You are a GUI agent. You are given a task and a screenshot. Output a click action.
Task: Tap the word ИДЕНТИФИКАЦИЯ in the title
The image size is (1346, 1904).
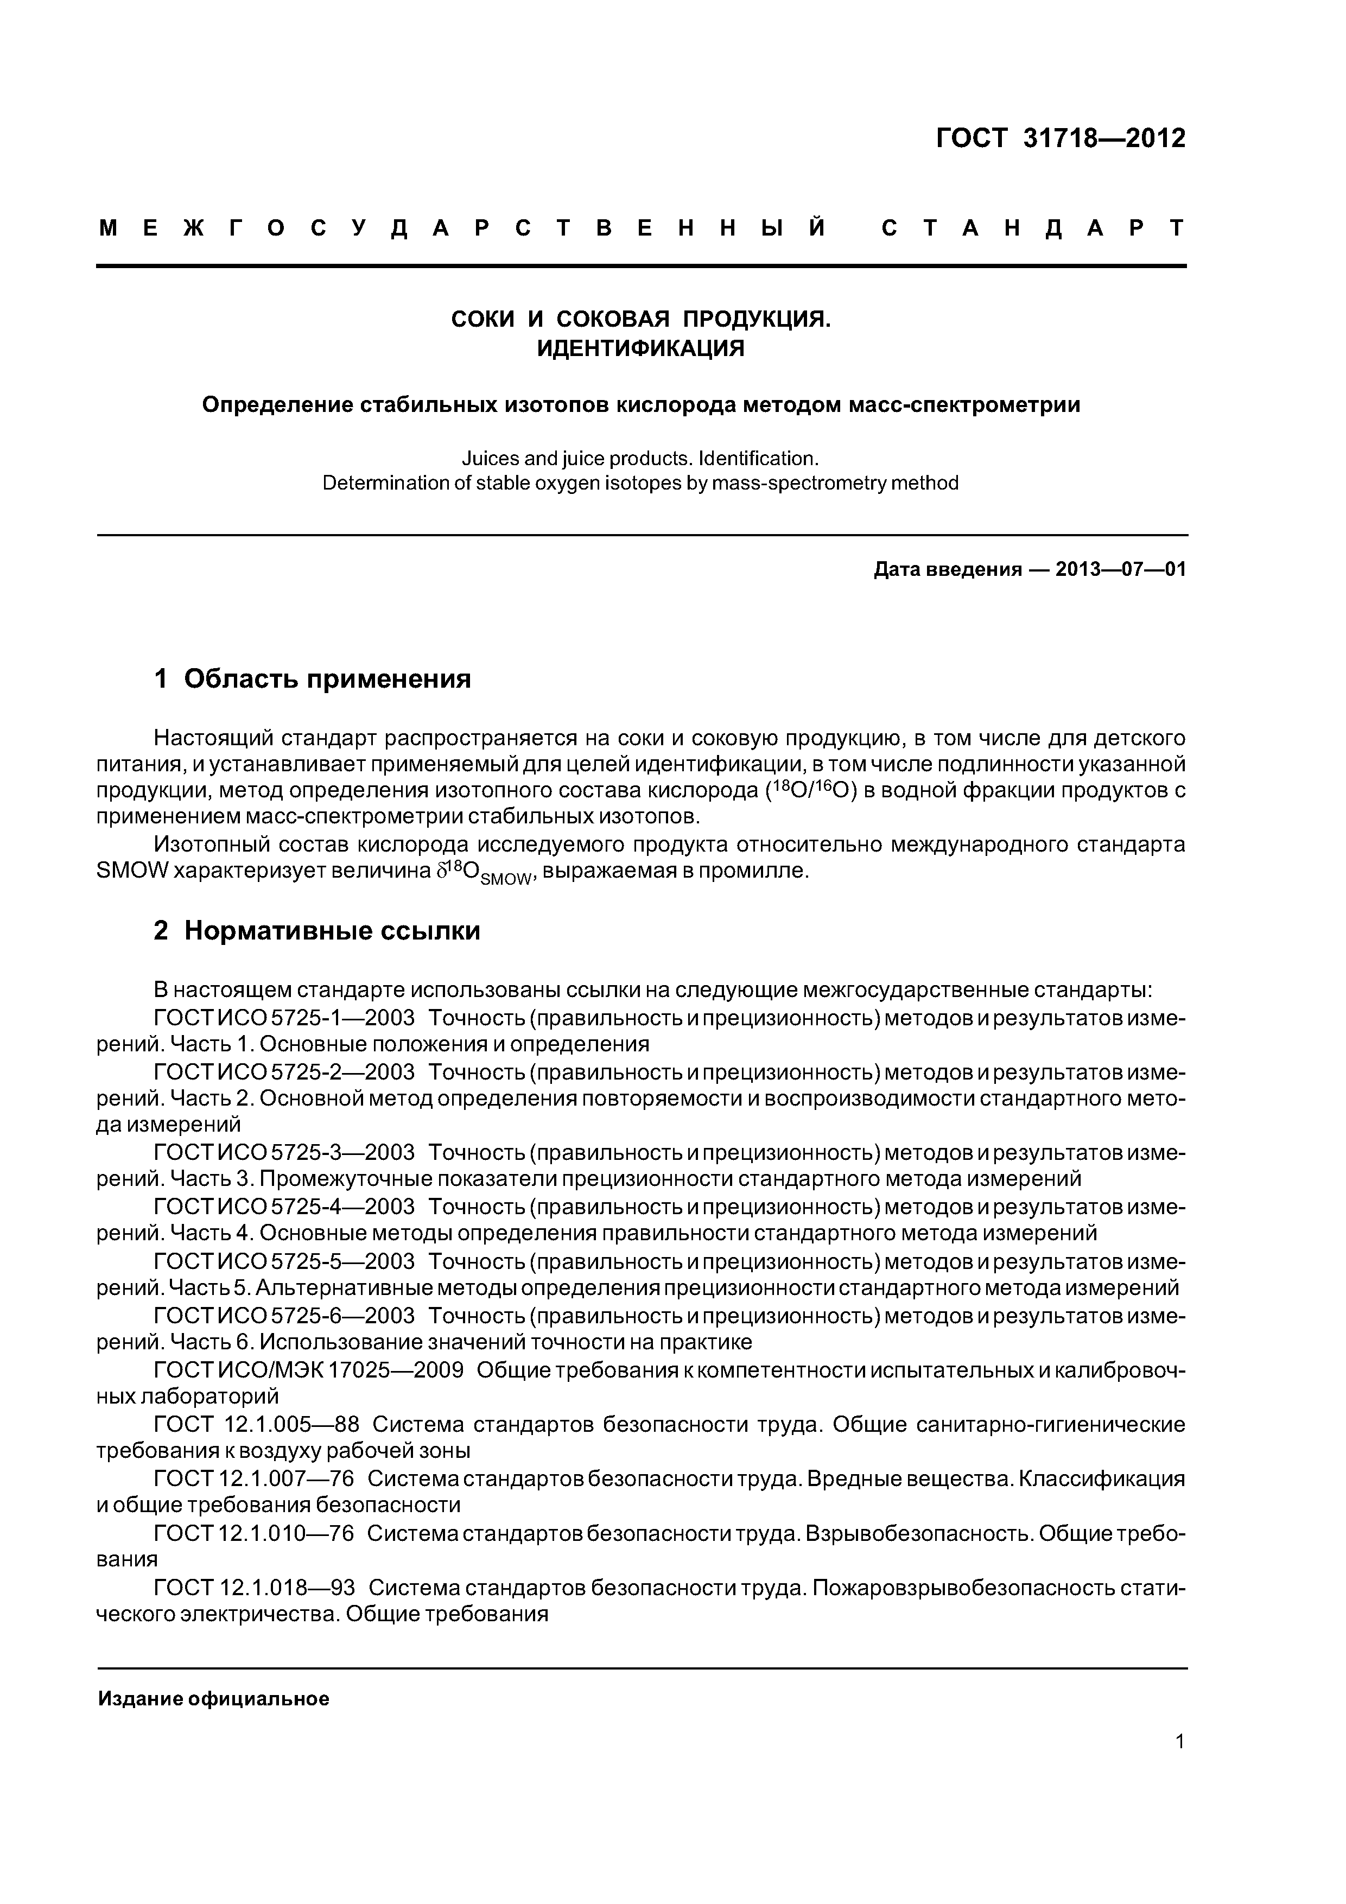pos(640,348)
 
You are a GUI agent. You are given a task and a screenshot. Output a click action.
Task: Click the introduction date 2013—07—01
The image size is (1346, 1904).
pos(1121,570)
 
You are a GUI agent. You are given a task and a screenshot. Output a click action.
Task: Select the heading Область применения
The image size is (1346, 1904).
pos(328,678)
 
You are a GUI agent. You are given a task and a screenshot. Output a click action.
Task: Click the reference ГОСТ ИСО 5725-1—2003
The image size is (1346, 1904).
pos(284,1018)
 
